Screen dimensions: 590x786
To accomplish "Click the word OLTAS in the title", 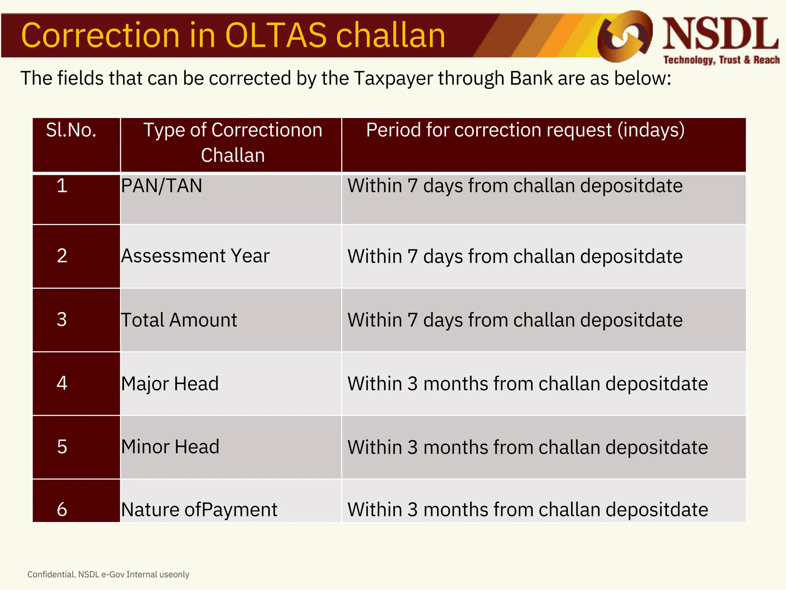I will click(x=275, y=35).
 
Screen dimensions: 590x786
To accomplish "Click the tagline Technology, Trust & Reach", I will click(x=721, y=60).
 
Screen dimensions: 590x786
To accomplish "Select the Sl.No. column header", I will click(x=71, y=130).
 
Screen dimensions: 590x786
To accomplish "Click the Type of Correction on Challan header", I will click(x=233, y=143).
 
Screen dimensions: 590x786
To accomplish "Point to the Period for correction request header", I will click(x=525, y=130).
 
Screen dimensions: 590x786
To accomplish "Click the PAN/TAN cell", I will click(x=162, y=186).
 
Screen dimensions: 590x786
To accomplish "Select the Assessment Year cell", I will click(x=195, y=256).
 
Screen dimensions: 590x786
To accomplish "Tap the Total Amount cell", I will click(x=179, y=320).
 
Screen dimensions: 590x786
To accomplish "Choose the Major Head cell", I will click(x=170, y=384).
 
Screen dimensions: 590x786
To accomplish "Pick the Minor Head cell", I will click(x=170, y=447).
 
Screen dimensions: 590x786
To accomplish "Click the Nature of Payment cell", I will click(x=199, y=510).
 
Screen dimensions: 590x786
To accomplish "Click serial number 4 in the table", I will click(x=62, y=383).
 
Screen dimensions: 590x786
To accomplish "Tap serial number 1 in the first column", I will click(x=62, y=186).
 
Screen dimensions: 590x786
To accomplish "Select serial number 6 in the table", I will click(x=62, y=510).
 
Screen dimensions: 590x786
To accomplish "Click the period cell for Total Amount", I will click(x=515, y=320).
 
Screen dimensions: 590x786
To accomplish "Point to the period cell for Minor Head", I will click(x=527, y=447).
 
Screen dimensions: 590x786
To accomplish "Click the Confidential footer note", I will click(x=108, y=574).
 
